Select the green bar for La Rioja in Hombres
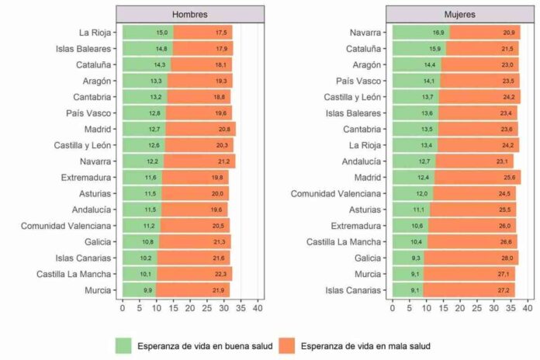coord(147,33)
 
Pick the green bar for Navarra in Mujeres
coord(421,33)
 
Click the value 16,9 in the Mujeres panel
coord(439,33)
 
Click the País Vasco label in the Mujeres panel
coord(358,81)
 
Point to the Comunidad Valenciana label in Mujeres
coord(336,193)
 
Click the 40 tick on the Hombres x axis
coord(258,308)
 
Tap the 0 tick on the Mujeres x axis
coord(392,308)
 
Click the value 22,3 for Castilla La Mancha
coord(221,274)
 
